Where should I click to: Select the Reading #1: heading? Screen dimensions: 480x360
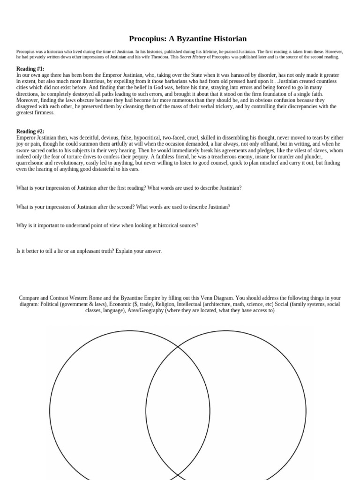[30, 69]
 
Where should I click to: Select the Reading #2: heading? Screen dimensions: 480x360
[30, 132]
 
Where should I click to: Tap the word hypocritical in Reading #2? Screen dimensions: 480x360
[146, 138]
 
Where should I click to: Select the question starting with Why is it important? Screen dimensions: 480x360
[107, 225]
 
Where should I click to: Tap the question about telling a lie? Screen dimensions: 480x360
[89, 251]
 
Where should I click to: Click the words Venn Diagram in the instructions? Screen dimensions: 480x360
[217, 298]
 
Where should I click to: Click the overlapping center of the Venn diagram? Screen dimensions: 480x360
[178, 412]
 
